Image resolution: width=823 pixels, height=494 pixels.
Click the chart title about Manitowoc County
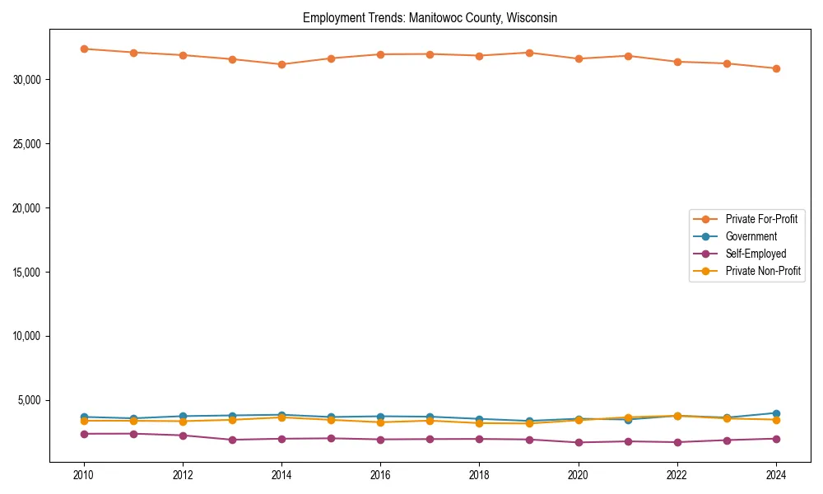(x=430, y=17)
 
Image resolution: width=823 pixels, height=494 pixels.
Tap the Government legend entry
(x=751, y=236)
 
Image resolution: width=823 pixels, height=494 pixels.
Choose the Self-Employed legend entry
(x=756, y=254)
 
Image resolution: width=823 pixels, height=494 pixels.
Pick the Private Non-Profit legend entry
(x=763, y=271)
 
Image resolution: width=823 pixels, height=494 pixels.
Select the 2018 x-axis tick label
(x=479, y=475)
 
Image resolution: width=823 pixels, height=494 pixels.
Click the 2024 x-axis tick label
(x=776, y=475)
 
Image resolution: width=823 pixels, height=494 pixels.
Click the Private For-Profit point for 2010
(x=84, y=49)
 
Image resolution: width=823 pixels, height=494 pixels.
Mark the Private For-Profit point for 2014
(x=281, y=64)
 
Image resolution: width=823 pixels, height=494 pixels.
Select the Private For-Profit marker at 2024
(x=776, y=68)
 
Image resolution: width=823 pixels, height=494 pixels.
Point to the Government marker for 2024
(x=776, y=413)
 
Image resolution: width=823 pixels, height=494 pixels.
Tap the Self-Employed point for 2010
(x=84, y=434)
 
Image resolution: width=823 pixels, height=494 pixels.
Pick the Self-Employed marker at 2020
(x=579, y=442)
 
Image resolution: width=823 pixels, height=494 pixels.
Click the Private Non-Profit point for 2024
(x=776, y=420)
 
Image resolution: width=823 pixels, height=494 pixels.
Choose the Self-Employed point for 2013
(x=232, y=440)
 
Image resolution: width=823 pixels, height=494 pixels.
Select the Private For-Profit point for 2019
(x=529, y=53)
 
